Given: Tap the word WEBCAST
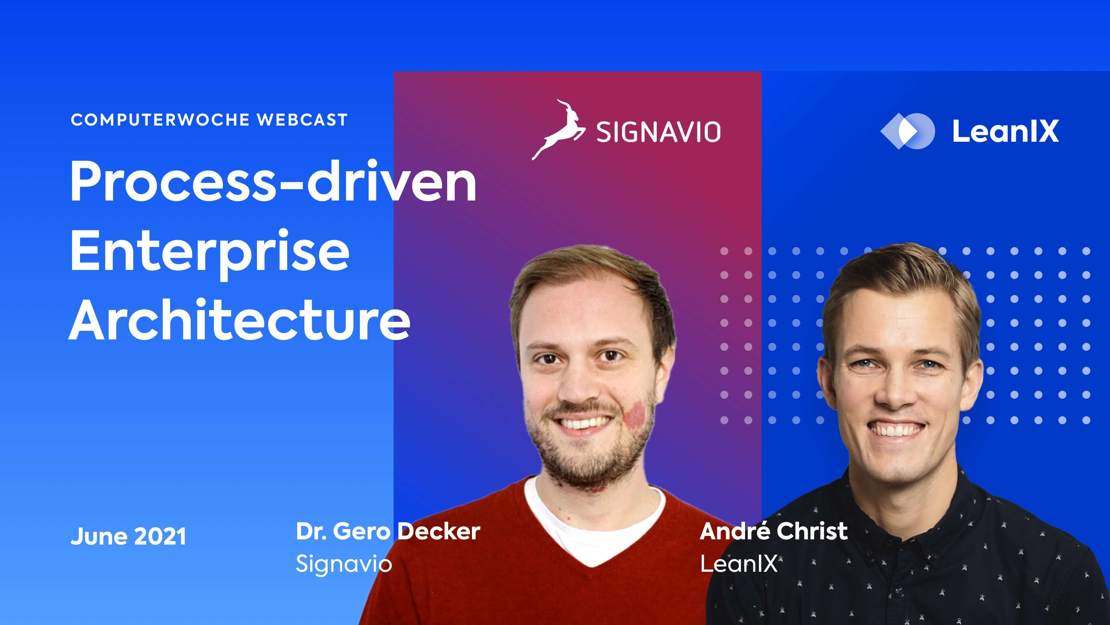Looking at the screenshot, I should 302,120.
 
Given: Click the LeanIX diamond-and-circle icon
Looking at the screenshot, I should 907,131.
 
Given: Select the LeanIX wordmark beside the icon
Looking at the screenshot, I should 1005,131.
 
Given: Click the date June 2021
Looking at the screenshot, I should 128,536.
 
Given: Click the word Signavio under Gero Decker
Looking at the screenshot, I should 343,563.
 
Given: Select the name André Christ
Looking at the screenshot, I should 774,531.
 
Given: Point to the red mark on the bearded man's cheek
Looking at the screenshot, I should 634,414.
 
